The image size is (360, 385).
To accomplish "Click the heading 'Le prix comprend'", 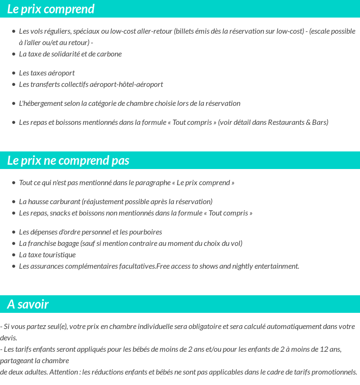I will click(x=51, y=9).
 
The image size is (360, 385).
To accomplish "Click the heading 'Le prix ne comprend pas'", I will click(x=68, y=160).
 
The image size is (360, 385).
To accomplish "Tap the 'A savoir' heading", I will click(x=28, y=304).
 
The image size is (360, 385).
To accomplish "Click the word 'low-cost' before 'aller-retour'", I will click(x=123, y=31).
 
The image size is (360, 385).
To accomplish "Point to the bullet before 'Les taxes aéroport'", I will click(x=14, y=73).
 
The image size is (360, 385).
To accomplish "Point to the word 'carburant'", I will click(x=66, y=202).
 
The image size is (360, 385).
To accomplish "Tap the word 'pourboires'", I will click(x=145, y=232).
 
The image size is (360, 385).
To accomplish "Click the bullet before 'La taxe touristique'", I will click(x=14, y=255).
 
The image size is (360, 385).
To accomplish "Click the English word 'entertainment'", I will click(x=275, y=266).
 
